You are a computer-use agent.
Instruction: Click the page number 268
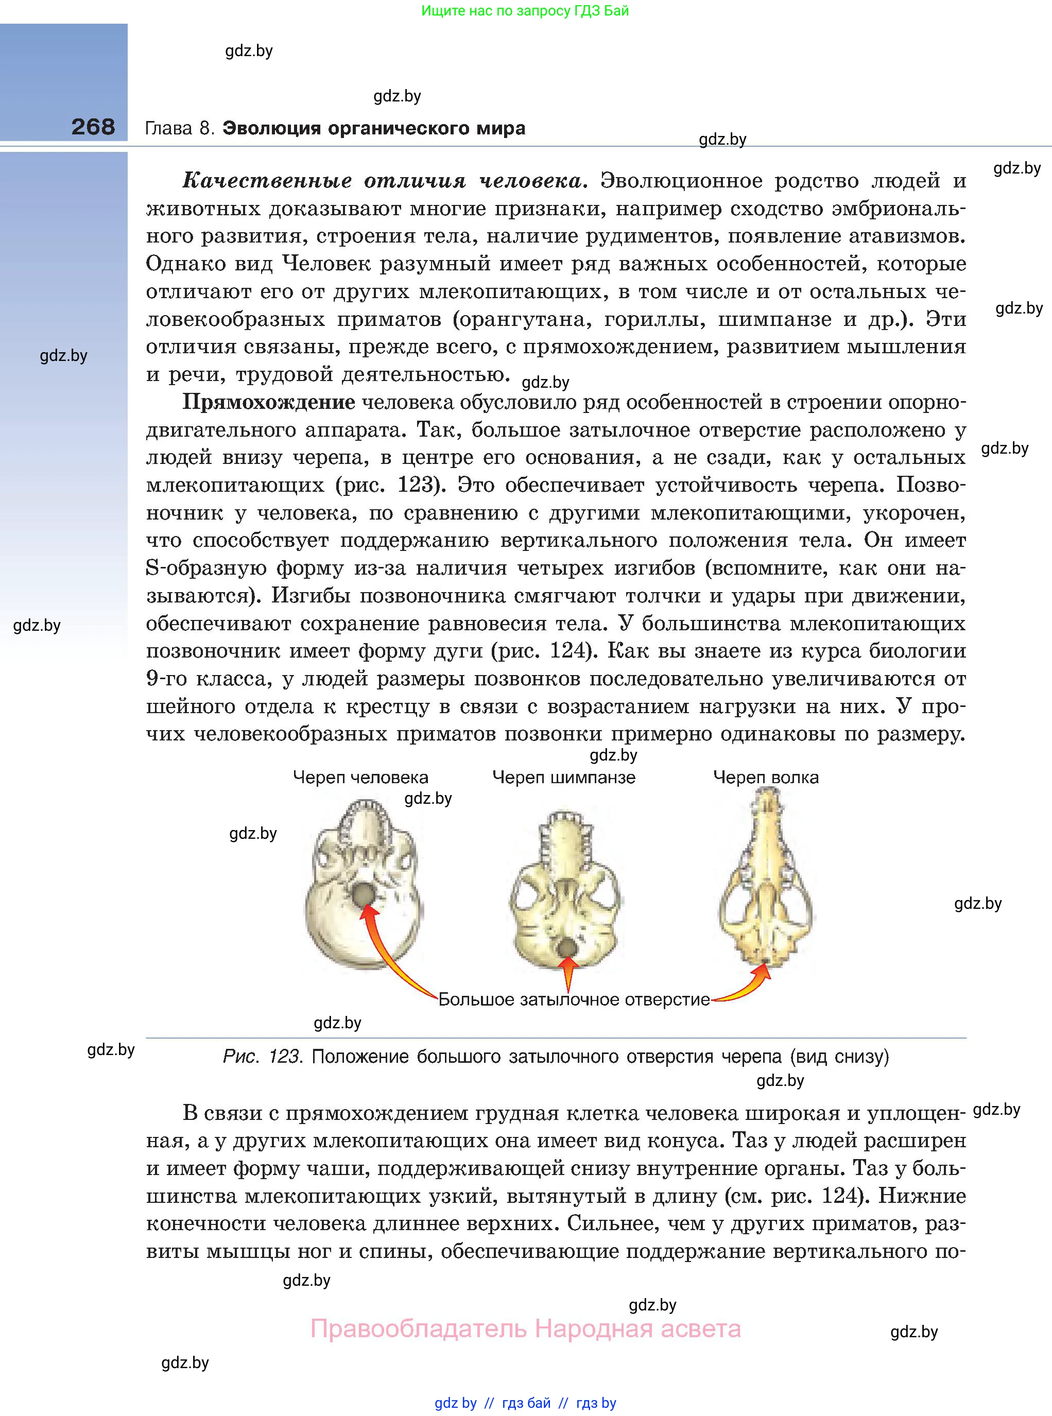coord(93,127)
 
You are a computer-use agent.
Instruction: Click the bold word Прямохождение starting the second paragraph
coord(269,402)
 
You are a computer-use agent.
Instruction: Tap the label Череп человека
coord(360,778)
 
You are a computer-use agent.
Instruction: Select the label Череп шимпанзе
coord(563,778)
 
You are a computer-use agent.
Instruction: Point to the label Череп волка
coord(765,778)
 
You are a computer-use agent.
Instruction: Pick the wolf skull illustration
coord(766,878)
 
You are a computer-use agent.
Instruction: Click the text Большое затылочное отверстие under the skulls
coord(574,999)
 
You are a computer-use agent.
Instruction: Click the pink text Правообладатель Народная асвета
coord(525,1329)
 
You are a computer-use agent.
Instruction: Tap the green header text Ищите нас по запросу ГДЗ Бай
coord(525,11)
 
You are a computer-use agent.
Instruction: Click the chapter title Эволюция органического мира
coord(374,128)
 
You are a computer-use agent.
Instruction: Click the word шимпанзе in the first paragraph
coord(774,320)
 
